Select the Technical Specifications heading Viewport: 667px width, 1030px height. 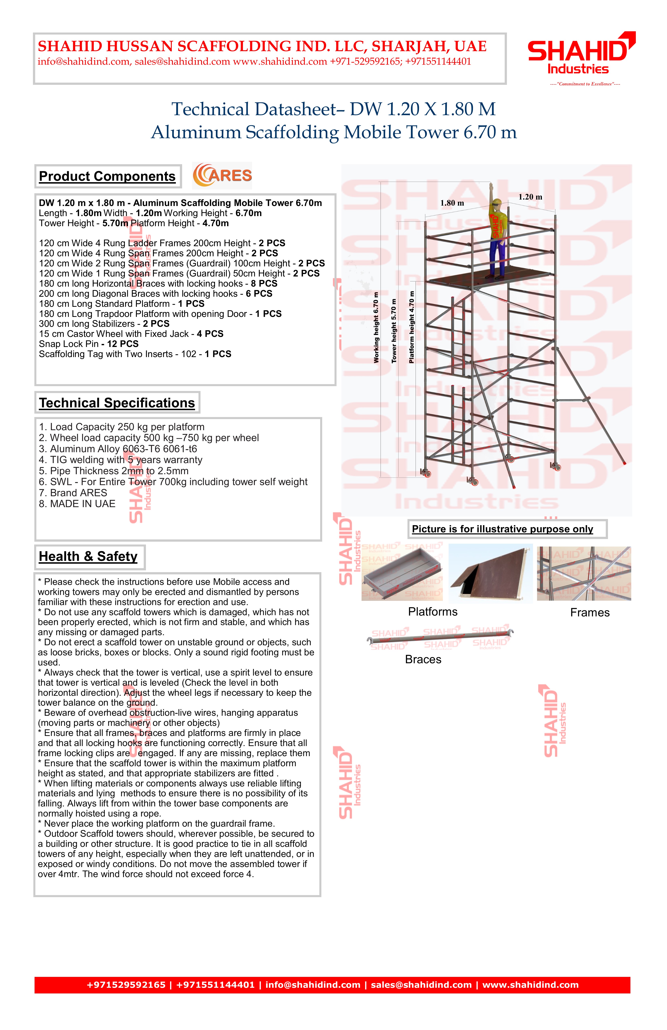(117, 403)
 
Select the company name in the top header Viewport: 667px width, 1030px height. (262, 46)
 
